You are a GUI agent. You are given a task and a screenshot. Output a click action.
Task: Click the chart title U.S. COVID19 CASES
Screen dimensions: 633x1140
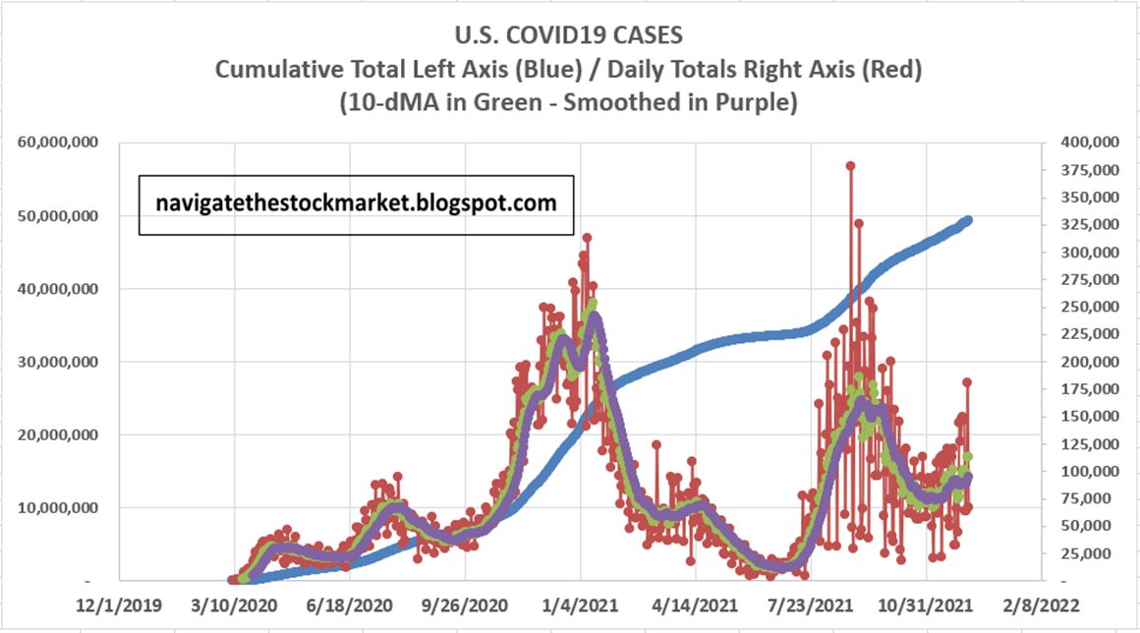tap(570, 36)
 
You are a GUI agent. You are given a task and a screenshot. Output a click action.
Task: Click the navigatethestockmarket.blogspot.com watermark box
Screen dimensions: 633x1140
tap(356, 203)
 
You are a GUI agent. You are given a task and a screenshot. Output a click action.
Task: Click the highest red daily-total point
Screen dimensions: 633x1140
tap(850, 165)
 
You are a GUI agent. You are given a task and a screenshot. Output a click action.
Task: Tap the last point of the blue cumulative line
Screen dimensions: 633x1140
tap(968, 220)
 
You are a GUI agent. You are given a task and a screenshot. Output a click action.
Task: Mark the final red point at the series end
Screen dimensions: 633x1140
tap(967, 381)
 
